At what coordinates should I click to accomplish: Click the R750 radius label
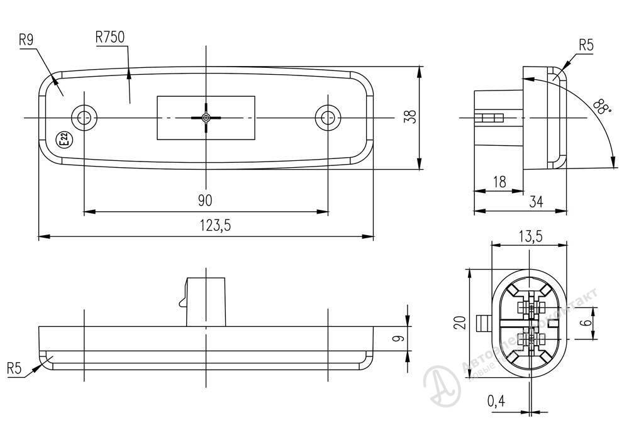110,37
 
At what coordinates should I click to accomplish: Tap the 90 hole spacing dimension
205,201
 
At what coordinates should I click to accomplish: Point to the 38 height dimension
411,117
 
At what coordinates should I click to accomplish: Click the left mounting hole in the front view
84,117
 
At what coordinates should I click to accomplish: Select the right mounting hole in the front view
327,117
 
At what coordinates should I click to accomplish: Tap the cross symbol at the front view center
206,117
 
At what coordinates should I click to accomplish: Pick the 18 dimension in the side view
499,182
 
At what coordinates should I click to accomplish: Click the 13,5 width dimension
530,236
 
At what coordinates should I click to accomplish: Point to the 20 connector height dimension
460,322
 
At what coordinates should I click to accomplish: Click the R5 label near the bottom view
14,368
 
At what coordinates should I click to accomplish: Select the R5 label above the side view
586,45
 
